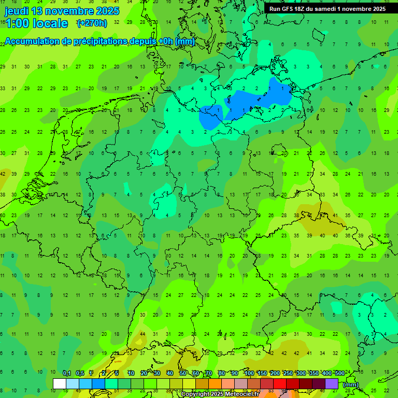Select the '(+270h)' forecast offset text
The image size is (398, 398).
tap(92, 23)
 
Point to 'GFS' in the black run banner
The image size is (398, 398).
tap(289, 9)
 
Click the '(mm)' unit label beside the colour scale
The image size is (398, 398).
tap(351, 385)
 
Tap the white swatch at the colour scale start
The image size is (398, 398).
tap(60, 383)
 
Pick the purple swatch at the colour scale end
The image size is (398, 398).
tap(332, 383)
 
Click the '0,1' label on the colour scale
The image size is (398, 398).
tap(67, 373)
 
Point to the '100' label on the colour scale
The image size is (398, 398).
tap(249, 373)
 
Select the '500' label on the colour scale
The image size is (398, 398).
tap(340, 373)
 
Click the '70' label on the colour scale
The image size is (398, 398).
tap(209, 373)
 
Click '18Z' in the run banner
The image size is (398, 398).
tap(303, 9)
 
